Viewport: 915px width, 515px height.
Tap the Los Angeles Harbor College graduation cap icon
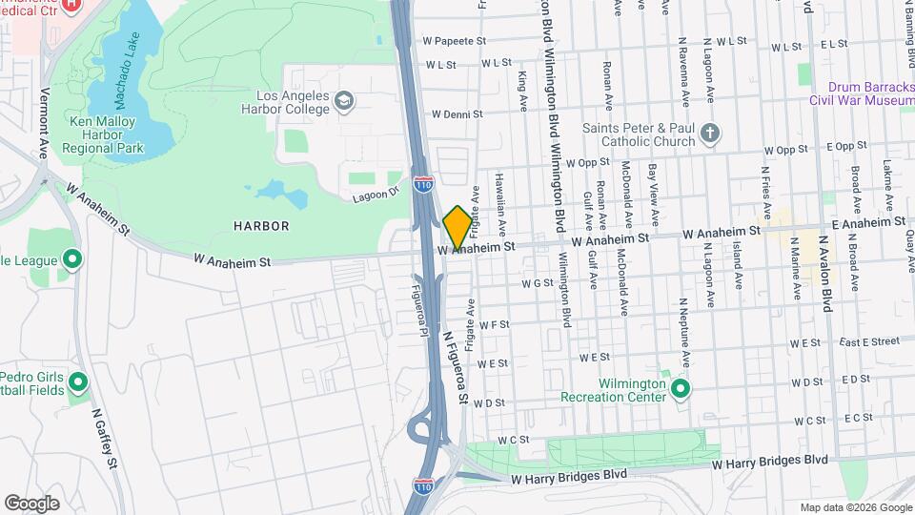[x=343, y=100]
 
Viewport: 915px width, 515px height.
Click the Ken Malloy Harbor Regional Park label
[x=103, y=134]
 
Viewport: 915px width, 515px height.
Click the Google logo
[x=31, y=503]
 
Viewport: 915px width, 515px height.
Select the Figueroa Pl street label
[x=420, y=308]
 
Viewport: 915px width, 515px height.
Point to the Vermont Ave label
[x=44, y=123]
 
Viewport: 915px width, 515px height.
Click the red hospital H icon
[x=69, y=6]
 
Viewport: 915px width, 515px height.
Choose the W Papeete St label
[x=454, y=42]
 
